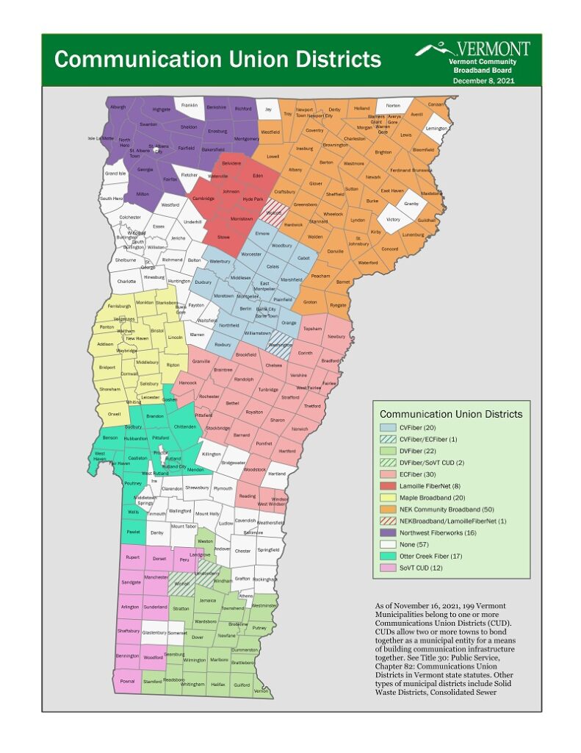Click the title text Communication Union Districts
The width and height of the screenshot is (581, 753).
[x=217, y=59]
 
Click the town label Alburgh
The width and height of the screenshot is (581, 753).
[x=118, y=107]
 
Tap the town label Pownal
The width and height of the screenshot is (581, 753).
[x=128, y=681]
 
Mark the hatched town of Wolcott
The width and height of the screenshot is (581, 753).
[x=274, y=214]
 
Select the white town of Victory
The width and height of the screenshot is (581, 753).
[x=393, y=219]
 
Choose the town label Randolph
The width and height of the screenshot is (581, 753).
[x=244, y=379]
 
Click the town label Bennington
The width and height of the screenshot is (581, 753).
[x=127, y=655]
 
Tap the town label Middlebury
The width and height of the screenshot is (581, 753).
[x=147, y=362]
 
